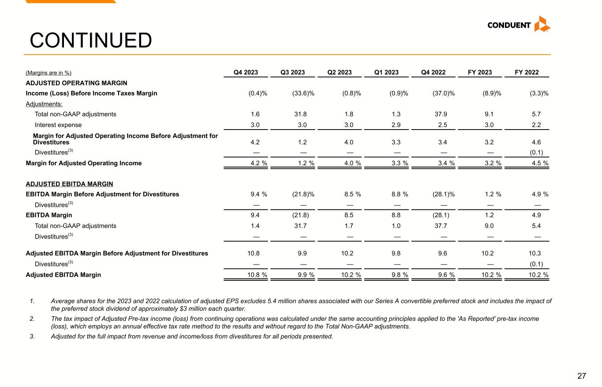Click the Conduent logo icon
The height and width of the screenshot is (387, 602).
[x=542, y=24]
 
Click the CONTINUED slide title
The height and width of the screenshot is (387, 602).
[x=91, y=41]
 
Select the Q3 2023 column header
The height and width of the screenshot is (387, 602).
[x=292, y=73]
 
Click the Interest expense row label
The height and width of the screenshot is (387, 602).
[x=58, y=125]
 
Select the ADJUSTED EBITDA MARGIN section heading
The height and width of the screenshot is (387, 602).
[x=69, y=184]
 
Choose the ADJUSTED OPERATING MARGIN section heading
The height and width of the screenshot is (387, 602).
[x=76, y=83]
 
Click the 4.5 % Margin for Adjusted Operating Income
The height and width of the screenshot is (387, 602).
[x=539, y=163]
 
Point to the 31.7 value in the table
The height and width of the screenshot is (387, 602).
[x=302, y=226]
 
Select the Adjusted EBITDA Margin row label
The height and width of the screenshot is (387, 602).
[x=64, y=275]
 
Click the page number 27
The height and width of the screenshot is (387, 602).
[x=582, y=376]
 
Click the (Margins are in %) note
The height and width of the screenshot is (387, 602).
[x=49, y=73]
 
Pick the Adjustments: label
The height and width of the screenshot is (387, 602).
[x=44, y=104]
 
